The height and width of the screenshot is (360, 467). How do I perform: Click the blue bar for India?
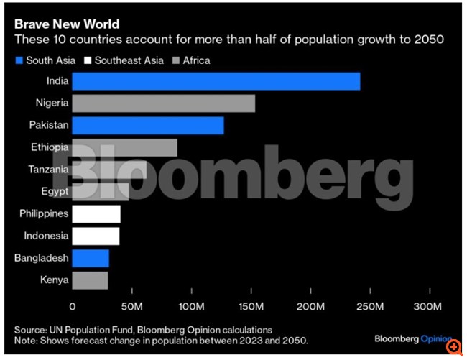click(216, 81)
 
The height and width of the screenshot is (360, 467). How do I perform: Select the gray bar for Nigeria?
click(163, 103)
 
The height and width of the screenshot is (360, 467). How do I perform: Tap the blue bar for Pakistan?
click(147, 125)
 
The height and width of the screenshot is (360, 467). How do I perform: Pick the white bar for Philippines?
click(96, 213)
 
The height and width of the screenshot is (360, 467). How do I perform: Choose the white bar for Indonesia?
click(95, 236)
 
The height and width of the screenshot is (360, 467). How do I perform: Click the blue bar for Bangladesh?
click(90, 258)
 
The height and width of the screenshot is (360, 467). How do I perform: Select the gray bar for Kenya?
click(89, 280)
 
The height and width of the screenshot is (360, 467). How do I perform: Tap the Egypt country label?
click(55, 191)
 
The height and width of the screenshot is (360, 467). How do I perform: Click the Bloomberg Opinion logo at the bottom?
click(412, 338)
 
